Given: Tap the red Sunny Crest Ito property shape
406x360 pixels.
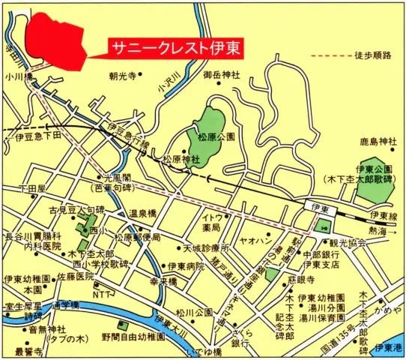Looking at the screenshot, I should pos(52,34).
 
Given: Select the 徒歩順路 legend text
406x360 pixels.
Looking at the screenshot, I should pos(378,54).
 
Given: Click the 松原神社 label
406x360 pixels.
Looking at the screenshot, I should pos(181,160).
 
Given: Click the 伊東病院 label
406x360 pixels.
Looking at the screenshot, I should pos(185,266).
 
